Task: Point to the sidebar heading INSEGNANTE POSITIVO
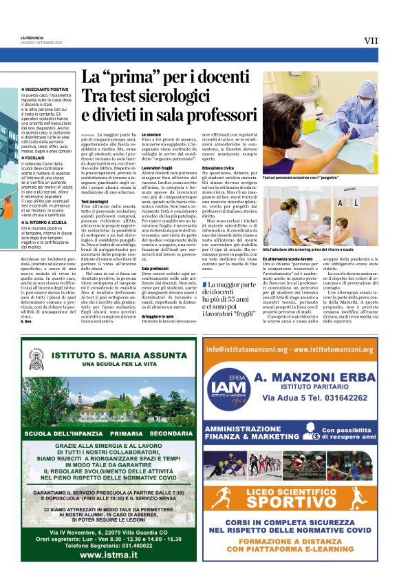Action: click(46, 90)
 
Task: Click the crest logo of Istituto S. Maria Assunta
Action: click(39, 357)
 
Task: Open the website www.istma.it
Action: click(102, 554)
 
